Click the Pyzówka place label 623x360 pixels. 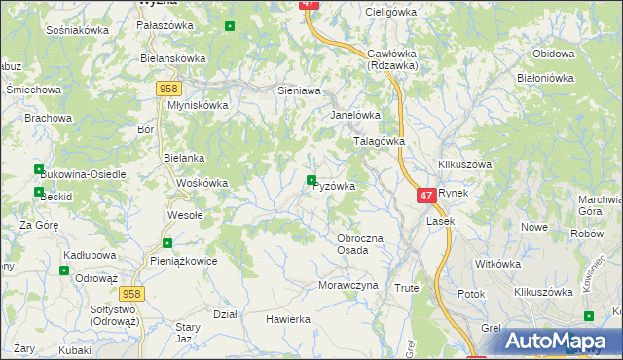click(334, 186)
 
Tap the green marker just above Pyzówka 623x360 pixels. click(311, 179)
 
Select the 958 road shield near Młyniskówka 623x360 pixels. click(166, 89)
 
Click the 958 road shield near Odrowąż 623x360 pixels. click(133, 293)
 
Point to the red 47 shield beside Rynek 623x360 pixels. click(426, 196)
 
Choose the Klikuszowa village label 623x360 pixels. click(464, 165)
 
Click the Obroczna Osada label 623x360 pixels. click(366, 244)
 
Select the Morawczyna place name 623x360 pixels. click(348, 286)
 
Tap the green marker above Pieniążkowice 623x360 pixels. click(167, 243)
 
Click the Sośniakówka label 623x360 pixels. click(77, 30)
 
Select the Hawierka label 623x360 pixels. click(288, 319)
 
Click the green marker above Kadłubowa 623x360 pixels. click(64, 270)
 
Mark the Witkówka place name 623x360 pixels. click(498, 263)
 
